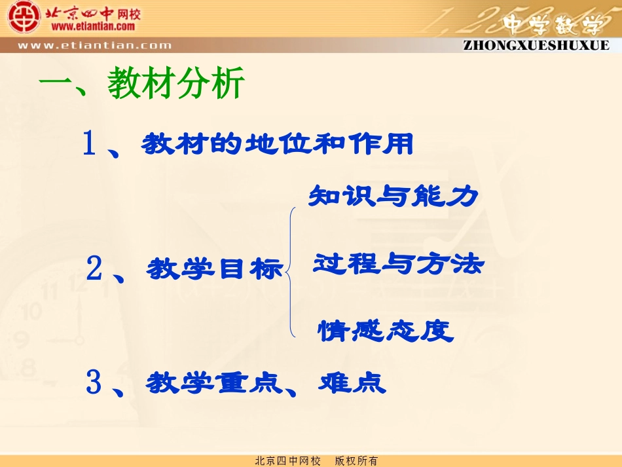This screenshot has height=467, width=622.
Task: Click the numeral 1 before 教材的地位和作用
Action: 90,143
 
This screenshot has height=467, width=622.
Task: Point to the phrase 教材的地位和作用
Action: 278,143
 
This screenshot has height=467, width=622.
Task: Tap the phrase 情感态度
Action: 386,331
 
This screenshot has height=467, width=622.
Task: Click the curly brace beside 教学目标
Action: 292,271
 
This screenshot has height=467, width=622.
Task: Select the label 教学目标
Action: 215,269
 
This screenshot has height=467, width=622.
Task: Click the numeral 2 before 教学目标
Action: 94,269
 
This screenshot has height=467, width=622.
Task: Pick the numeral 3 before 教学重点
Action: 94,383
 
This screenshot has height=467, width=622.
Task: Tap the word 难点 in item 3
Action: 352,383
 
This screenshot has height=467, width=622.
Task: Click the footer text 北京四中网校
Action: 287,461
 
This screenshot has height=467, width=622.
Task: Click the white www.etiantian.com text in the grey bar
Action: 94,46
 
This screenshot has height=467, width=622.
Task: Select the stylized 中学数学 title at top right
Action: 553,24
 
